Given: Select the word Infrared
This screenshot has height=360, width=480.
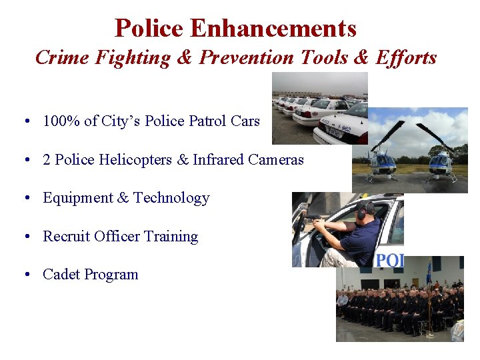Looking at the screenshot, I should (x=219, y=160).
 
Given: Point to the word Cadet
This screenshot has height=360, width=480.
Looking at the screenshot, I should (x=61, y=275).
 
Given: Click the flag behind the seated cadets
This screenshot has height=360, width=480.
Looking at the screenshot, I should (x=428, y=273).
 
